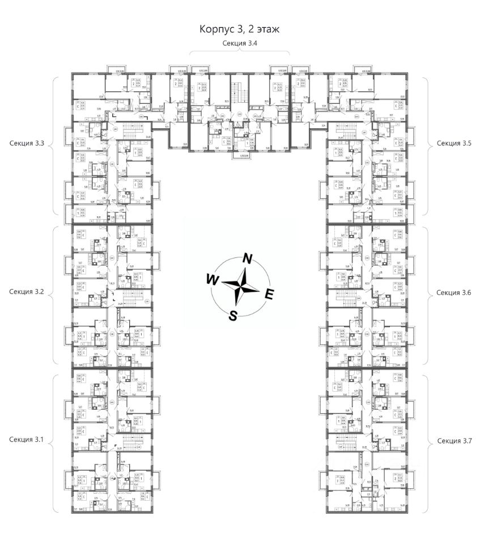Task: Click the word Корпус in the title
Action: point(215,29)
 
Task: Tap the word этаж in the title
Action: point(267,29)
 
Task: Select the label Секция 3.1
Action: point(27,440)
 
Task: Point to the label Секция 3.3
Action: point(27,144)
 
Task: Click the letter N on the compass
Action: point(247,258)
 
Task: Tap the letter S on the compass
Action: point(232,316)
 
